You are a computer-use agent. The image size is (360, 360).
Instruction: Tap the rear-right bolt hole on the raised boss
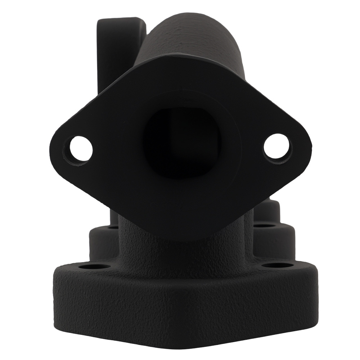[x=266, y=226]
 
